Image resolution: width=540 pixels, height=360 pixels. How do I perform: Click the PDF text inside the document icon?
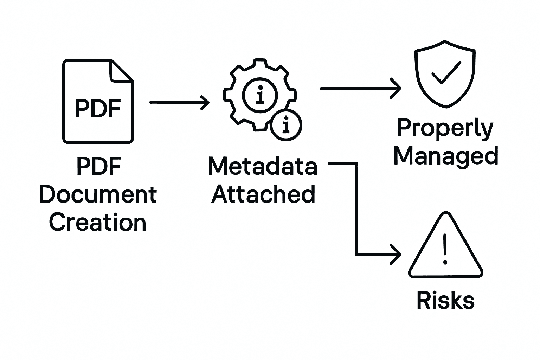click(98, 108)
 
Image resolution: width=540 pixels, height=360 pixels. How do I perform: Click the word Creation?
click(98, 222)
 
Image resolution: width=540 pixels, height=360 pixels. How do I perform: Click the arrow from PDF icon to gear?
click(179, 102)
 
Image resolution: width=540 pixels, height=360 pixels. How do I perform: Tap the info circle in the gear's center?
click(260, 95)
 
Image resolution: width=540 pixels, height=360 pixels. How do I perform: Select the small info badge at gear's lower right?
click(286, 125)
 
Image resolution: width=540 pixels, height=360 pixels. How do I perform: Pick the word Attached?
click(263, 194)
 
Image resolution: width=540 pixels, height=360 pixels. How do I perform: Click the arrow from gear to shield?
click(360, 88)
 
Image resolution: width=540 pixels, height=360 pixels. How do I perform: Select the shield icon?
click(445, 74)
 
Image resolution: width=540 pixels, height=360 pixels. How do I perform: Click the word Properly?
click(445, 129)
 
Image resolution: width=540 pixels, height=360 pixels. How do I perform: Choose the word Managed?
click(446, 156)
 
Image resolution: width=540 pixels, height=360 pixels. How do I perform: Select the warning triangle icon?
click(445, 248)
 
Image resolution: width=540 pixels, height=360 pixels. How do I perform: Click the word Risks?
click(445, 301)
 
